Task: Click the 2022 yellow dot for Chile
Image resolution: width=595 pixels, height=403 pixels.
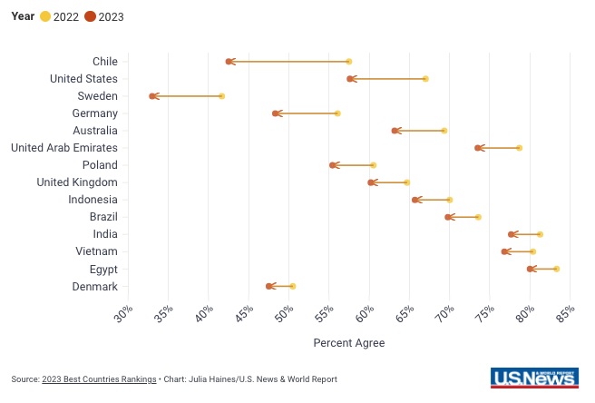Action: (x=348, y=62)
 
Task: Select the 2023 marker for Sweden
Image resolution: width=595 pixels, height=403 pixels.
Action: (x=153, y=96)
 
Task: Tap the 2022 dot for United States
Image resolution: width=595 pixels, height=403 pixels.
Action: (x=425, y=79)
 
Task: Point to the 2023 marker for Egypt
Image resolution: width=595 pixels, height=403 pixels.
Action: (x=531, y=269)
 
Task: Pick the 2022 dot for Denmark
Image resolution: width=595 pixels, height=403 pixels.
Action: (x=292, y=286)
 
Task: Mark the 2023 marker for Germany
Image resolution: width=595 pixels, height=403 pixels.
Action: (x=276, y=113)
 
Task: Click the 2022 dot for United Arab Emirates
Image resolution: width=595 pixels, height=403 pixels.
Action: (x=519, y=148)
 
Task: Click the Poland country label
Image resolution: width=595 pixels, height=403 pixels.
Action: (x=100, y=165)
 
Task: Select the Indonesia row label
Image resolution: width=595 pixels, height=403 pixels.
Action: (x=93, y=200)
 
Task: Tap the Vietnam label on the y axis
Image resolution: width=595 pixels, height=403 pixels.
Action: (x=97, y=251)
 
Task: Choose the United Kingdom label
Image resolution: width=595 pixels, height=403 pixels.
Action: (x=77, y=182)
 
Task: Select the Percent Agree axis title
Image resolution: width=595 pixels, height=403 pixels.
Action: (x=348, y=343)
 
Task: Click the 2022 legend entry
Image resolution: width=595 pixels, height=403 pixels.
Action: (x=59, y=16)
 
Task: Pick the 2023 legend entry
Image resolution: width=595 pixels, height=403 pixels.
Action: (x=103, y=16)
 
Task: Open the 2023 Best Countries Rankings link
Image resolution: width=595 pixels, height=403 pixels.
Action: (x=99, y=379)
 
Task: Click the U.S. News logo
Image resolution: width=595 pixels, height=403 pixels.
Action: (x=534, y=378)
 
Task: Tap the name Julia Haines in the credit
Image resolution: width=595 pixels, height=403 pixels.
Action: (x=216, y=379)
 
